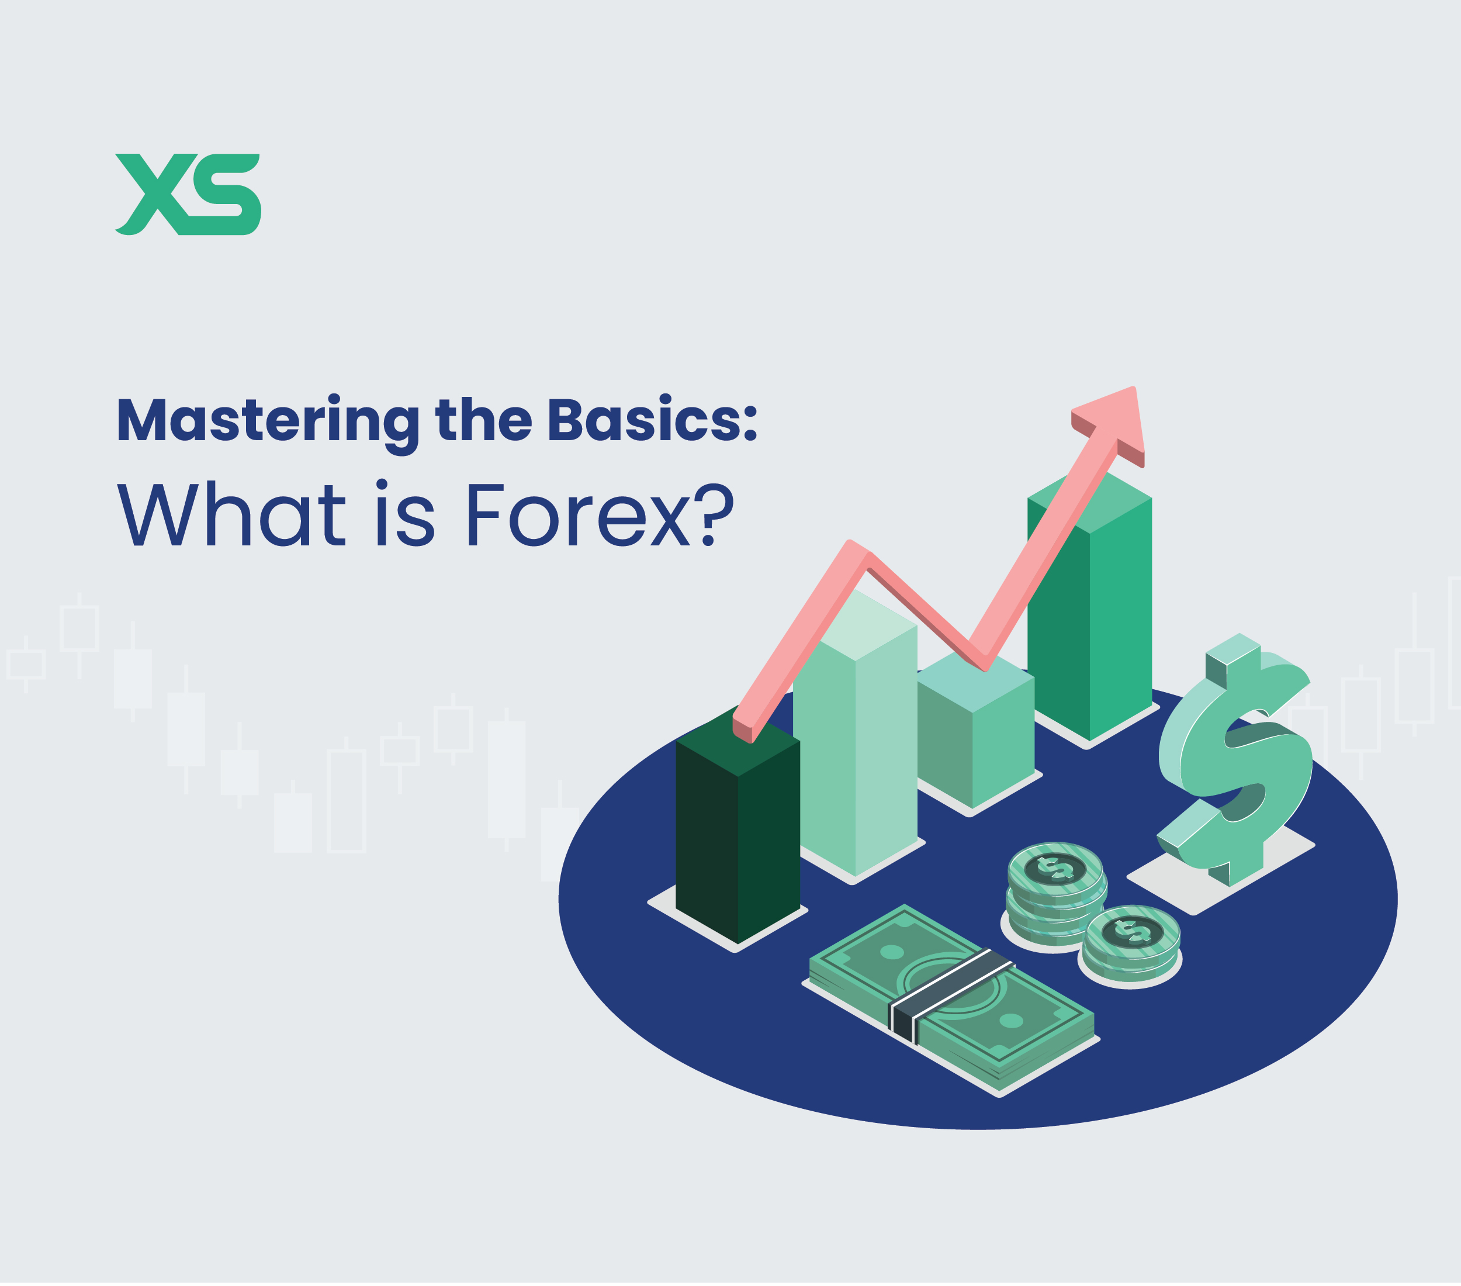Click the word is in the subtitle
[x=404, y=514]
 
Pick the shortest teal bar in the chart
[x=977, y=744]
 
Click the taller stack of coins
[x=1056, y=894]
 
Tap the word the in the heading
[x=483, y=420]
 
